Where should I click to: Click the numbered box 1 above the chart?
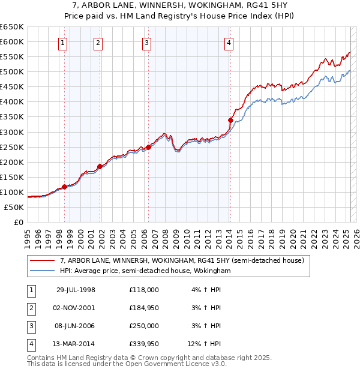[x=63, y=43]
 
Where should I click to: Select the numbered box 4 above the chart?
[x=229, y=43]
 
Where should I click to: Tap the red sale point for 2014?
[x=230, y=120]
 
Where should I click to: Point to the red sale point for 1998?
[x=65, y=187]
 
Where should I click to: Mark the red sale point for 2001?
[x=100, y=167]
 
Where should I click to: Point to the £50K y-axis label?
[x=14, y=207]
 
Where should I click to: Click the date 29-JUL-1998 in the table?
[x=76, y=290]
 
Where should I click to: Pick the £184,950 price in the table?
[x=143, y=308]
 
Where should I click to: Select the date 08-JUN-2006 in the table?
[x=76, y=326]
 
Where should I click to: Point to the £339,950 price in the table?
[x=143, y=344]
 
